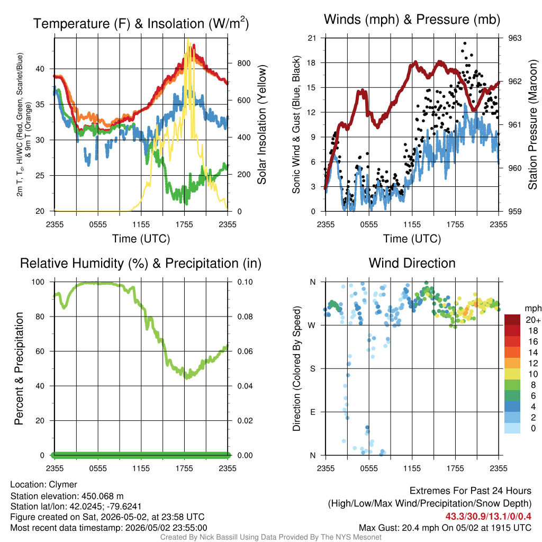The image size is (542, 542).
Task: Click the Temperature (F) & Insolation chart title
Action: point(141,23)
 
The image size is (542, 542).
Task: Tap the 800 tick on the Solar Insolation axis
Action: point(244,64)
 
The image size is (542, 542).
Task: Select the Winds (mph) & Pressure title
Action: point(412,20)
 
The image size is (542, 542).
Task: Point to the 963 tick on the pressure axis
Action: point(514,38)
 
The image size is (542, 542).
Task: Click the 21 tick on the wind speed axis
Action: point(312,38)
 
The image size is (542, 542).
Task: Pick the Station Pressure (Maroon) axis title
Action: point(532,124)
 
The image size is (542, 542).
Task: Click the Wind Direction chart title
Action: point(412,263)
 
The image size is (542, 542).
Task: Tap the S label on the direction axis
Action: point(312,368)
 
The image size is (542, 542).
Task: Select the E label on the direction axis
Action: point(312,412)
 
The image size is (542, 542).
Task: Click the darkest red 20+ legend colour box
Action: point(512,320)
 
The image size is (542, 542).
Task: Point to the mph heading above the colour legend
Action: point(532,308)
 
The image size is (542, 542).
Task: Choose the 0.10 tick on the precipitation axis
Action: point(245,282)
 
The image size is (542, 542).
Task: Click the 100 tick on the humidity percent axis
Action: point(38,282)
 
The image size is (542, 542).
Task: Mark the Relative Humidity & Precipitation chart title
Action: point(141,264)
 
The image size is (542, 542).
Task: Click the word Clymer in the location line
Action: point(63,484)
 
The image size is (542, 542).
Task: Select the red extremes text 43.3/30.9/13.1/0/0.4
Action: point(488,517)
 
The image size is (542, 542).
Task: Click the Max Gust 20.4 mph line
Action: point(445,528)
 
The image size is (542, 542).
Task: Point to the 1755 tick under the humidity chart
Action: point(184,468)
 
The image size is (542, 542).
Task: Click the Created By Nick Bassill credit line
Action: point(270,537)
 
